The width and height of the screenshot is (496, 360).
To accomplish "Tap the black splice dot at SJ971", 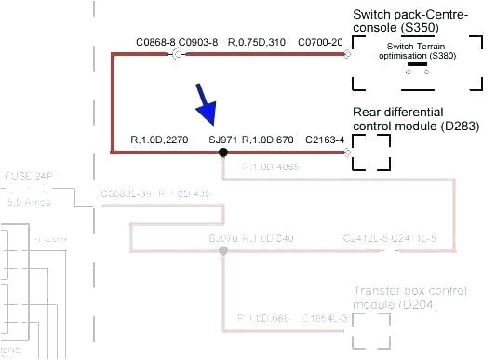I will pos(223,152).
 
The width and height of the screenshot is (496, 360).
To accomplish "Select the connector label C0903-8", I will pos(198,42).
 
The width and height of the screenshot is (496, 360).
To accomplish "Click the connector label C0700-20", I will pos(321,42).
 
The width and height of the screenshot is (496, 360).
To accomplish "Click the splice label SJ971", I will pos(223,140).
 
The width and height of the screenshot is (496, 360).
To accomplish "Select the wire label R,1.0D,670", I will pos(268,140).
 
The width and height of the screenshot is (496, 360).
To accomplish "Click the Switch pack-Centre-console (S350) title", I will pos(410,22).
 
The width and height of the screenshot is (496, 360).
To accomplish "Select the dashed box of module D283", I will pos(370,152).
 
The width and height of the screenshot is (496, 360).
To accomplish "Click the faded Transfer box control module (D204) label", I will pos(409,298).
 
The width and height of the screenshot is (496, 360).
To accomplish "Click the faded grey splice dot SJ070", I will pos(222,251).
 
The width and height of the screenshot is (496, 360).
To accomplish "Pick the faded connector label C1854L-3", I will pos(325,319).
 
